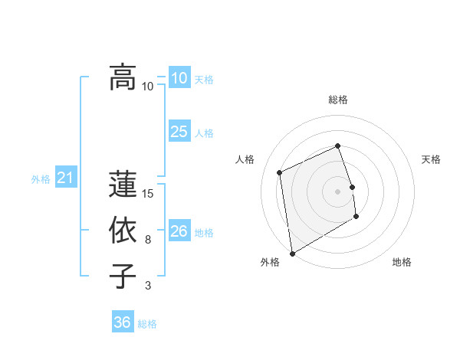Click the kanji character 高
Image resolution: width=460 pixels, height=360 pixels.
pos(123,77)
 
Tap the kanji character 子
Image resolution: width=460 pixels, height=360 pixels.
pos(123,277)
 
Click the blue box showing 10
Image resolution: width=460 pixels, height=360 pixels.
pos(179,77)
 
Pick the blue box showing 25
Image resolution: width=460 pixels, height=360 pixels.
pos(179,131)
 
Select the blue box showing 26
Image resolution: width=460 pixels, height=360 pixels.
pos(179,231)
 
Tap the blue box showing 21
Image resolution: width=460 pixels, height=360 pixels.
pos(65,178)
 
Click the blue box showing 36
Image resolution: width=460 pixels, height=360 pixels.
pos(122,322)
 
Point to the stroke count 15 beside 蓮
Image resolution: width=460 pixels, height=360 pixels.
pos(149,194)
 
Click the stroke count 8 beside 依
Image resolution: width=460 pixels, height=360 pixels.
pos(148,240)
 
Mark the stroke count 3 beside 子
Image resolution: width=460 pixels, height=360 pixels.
pos(148,286)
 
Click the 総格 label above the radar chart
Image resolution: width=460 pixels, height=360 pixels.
pos(338,100)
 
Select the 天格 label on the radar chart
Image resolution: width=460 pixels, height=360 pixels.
pos(431,159)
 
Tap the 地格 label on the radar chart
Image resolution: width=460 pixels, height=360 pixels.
pos(402,262)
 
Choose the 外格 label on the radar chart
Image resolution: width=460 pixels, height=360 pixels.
pos(270,262)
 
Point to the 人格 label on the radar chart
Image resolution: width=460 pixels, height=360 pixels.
pos(245,159)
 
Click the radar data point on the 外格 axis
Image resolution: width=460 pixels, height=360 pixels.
pos(292,253)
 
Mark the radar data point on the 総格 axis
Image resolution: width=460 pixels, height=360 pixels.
pos(338,146)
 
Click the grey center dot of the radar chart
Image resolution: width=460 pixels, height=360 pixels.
pos(338,191)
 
